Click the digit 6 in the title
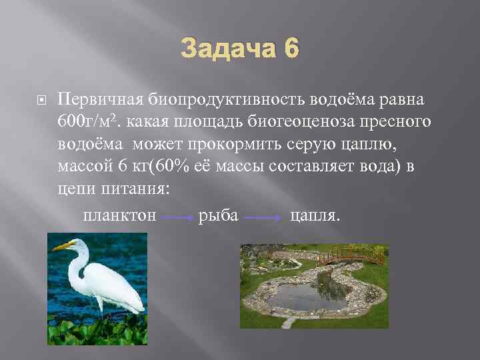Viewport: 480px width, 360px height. [291, 50]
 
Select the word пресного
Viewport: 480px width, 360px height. [393, 122]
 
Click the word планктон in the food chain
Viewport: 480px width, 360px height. [120, 216]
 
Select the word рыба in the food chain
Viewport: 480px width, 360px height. [218, 216]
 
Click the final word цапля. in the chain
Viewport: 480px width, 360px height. [315, 216]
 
